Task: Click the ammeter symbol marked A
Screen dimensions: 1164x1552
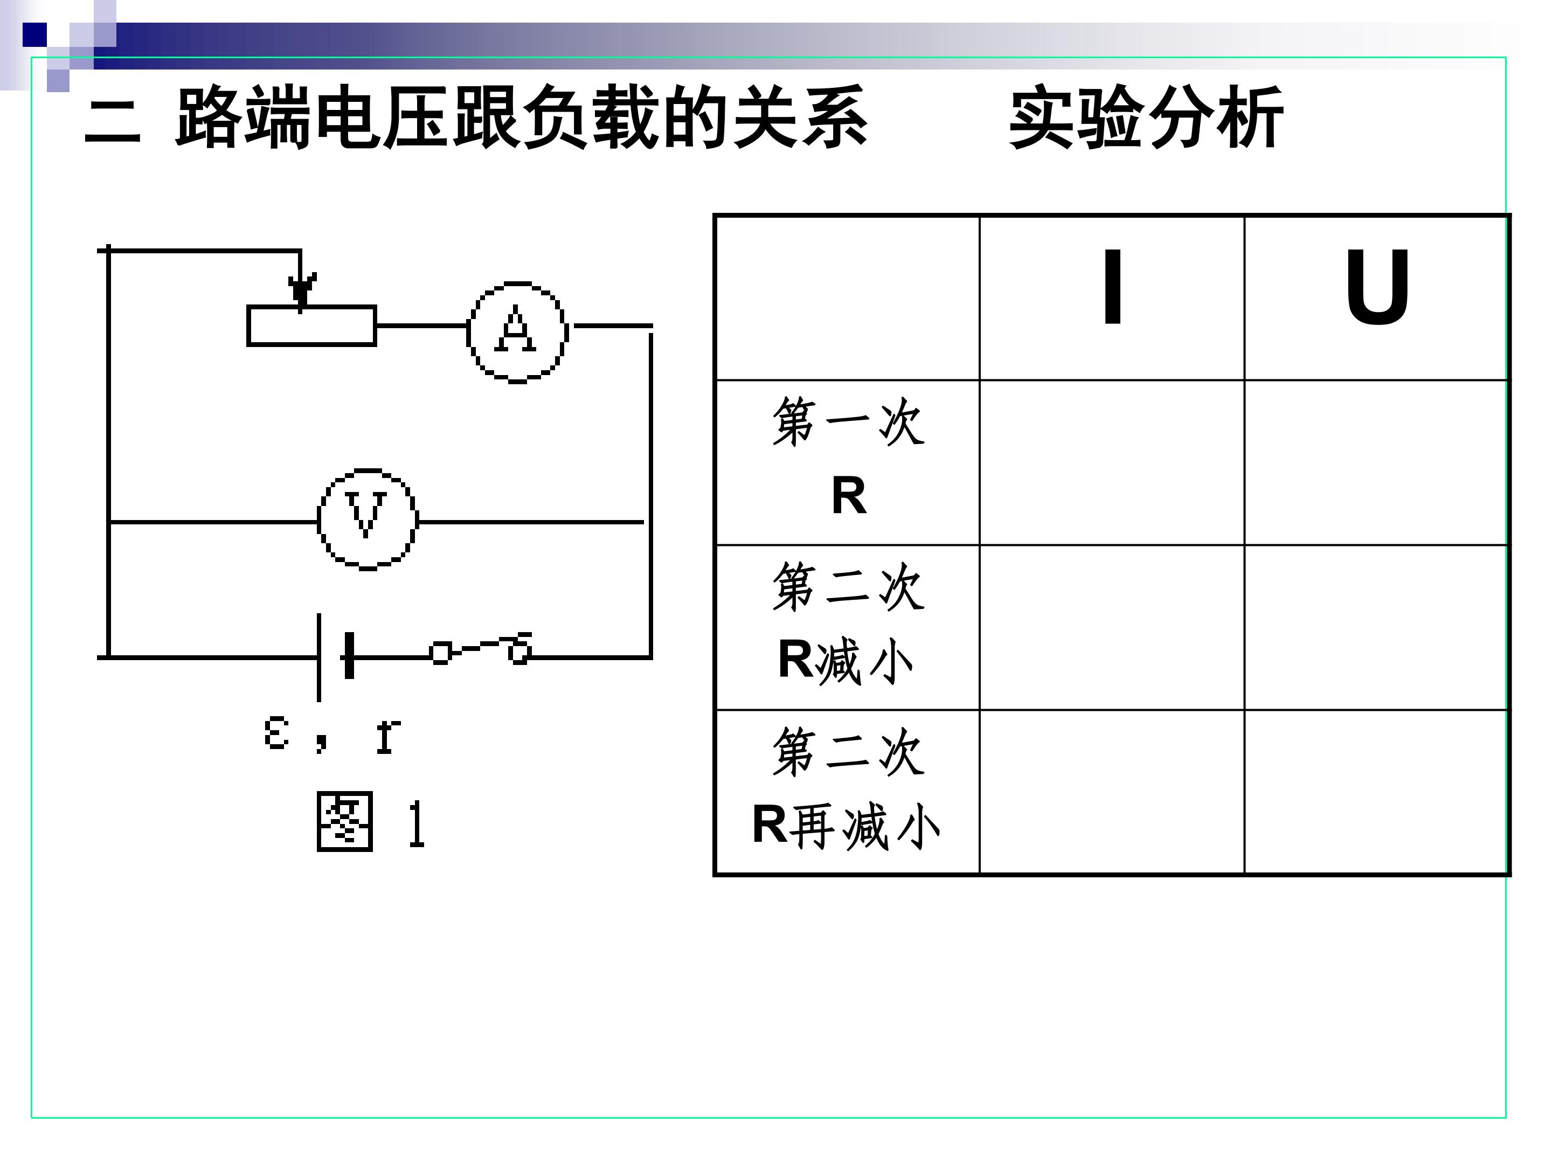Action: [x=517, y=332]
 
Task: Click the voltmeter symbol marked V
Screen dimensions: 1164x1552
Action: [x=367, y=519]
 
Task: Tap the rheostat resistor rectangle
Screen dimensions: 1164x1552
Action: [x=311, y=325]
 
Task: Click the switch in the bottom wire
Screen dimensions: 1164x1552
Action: [x=481, y=650]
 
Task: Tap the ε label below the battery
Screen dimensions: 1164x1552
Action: [x=276, y=735]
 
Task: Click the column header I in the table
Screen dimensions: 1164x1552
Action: [x=1112, y=288]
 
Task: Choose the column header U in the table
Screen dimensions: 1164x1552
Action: [x=1377, y=288]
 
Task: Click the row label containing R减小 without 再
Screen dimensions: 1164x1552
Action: [x=848, y=625]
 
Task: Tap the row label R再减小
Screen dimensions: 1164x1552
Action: [x=848, y=789]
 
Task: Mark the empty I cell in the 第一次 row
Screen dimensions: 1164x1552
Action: [x=1112, y=462]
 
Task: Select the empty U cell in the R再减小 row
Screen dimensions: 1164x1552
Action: [x=1377, y=792]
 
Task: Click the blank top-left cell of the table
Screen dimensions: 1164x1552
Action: [x=848, y=298]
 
